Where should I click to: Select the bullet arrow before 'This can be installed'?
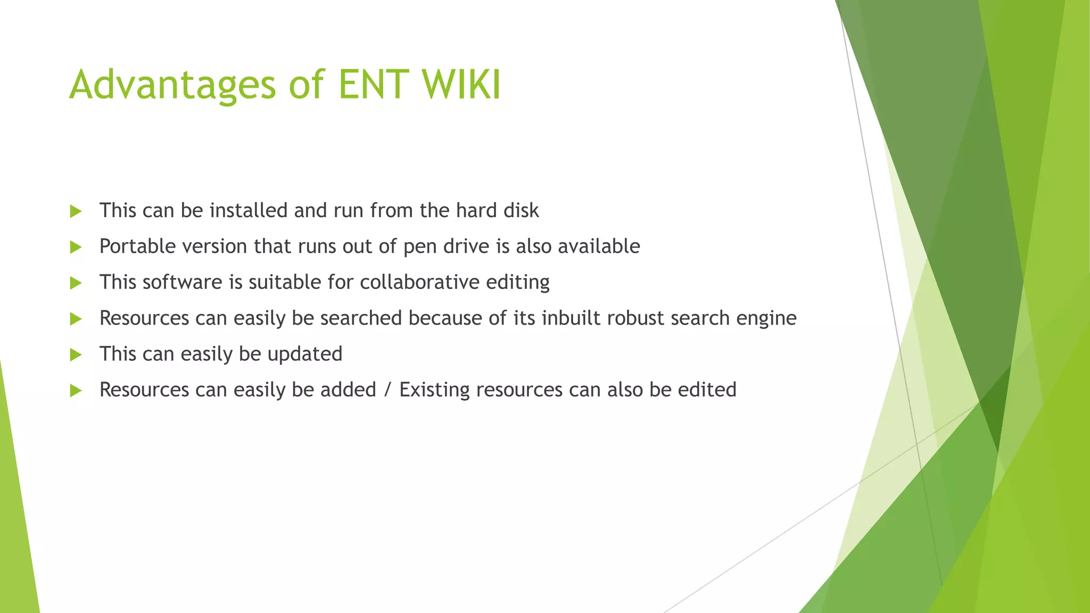pyautogui.click(x=76, y=211)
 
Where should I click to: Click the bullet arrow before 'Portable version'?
pyautogui.click(x=76, y=247)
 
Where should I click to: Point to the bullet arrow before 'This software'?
pyautogui.click(x=76, y=283)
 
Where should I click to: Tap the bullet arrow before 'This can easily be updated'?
pyautogui.click(x=76, y=354)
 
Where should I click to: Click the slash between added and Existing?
pyautogui.click(x=387, y=390)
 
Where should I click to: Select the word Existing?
pyautogui.click(x=434, y=390)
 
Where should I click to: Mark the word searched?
pyautogui.click(x=360, y=318)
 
